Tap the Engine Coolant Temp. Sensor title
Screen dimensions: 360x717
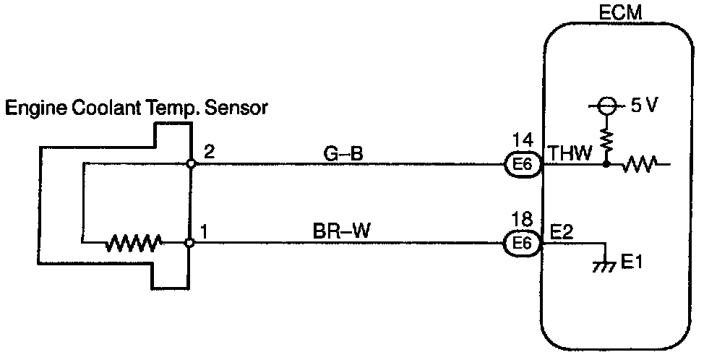tap(137, 108)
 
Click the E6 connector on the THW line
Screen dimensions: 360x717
tap(522, 164)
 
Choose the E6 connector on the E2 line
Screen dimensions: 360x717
tap(522, 244)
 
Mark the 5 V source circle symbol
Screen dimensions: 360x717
tap(607, 107)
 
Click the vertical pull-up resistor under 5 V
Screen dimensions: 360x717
tap(607, 139)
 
